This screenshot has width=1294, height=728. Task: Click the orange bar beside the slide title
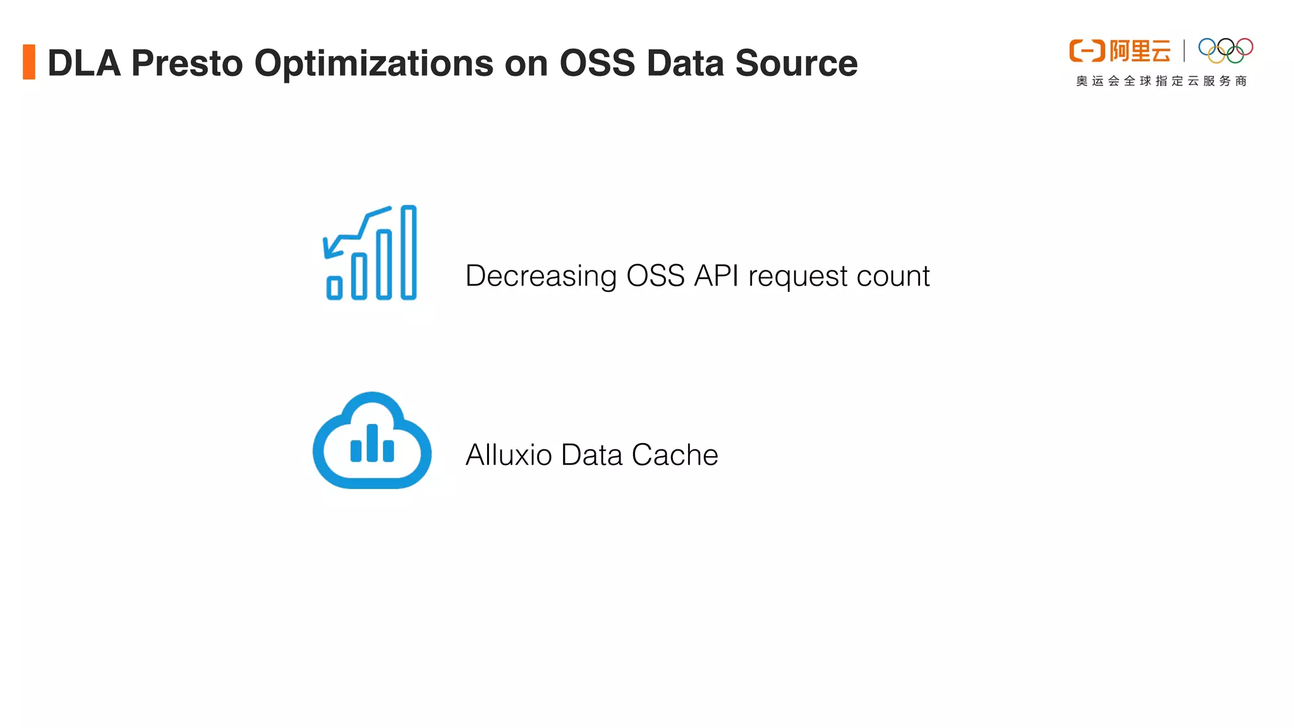click(29, 62)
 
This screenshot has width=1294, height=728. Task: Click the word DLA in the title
click(84, 63)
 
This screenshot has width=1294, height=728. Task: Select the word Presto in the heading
click(187, 63)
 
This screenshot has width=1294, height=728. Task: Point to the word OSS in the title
click(597, 63)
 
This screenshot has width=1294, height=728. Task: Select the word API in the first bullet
click(717, 276)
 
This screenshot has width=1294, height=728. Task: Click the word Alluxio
click(509, 455)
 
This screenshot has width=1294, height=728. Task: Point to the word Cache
click(675, 455)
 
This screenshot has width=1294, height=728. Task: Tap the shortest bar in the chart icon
click(334, 288)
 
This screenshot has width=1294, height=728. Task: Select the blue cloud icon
click(372, 441)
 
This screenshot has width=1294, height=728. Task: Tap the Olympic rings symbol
click(1226, 51)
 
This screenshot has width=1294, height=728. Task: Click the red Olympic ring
click(1245, 46)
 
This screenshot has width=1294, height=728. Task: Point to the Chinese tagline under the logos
click(1161, 81)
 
